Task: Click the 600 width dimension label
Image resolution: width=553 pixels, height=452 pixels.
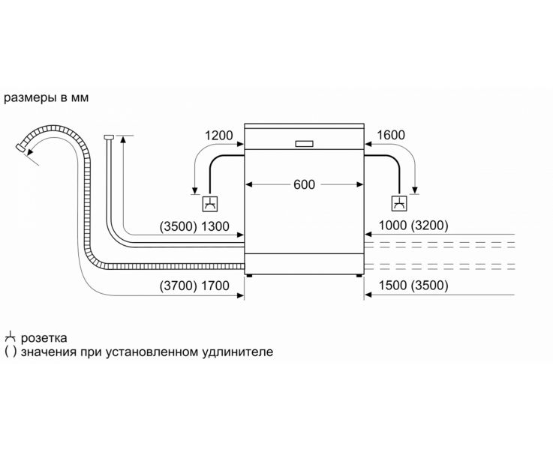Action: click(305, 184)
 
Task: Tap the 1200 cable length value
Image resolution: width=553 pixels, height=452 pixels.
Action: click(219, 136)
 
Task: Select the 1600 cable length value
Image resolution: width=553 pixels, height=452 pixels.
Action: click(390, 136)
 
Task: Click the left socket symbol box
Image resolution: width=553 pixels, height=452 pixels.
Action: click(212, 202)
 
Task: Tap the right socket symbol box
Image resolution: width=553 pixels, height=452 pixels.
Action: click(398, 202)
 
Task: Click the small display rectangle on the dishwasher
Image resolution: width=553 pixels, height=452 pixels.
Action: click(305, 143)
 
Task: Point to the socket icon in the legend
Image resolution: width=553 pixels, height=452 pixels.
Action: click(10, 337)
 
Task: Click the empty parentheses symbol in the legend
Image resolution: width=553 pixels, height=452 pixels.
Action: click(10, 352)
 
